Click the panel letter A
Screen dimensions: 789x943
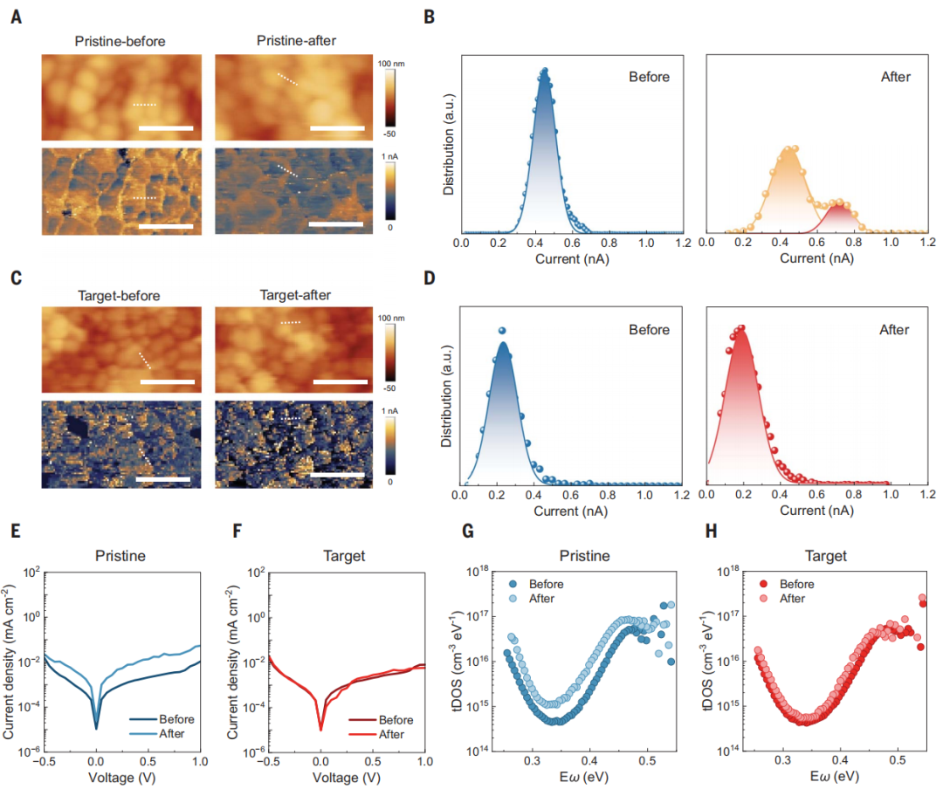pyautogui.click(x=16, y=16)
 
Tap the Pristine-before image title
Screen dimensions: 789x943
pyautogui.click(x=120, y=41)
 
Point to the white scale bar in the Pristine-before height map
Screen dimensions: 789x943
pyautogui.click(x=165, y=128)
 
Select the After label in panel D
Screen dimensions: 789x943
pyautogui.click(x=895, y=330)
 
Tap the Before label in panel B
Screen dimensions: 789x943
pyautogui.click(x=650, y=77)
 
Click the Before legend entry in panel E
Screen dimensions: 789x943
pyautogui.click(x=176, y=719)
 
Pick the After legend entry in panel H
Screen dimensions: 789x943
pyautogui.click(x=791, y=599)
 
